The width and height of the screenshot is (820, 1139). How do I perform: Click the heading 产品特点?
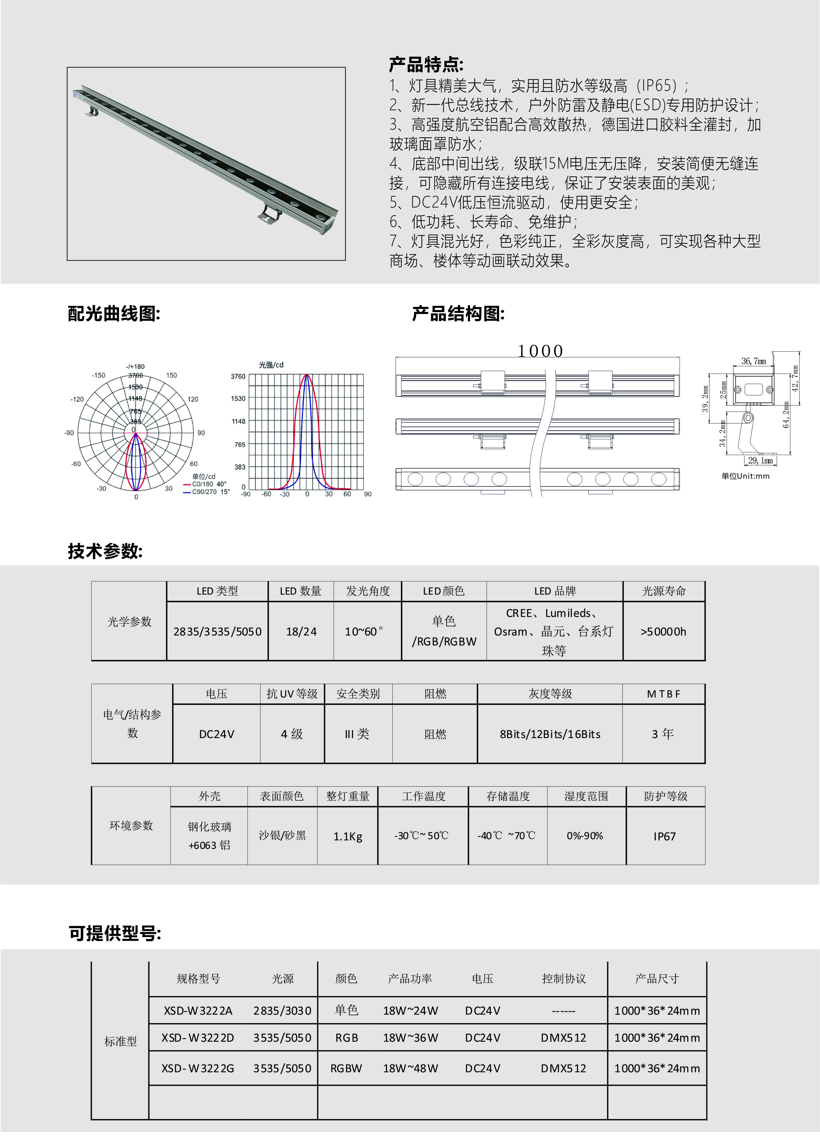pyautogui.click(x=426, y=65)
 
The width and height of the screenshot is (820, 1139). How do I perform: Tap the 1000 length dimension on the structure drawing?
pyautogui.click(x=540, y=351)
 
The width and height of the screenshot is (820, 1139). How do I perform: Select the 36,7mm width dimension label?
pyautogui.click(x=754, y=361)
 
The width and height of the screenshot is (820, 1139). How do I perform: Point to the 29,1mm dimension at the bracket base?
pyautogui.click(x=760, y=461)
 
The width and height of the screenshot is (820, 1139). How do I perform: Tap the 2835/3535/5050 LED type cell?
pyautogui.click(x=217, y=632)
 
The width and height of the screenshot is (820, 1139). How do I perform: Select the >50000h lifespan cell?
pyautogui.click(x=663, y=632)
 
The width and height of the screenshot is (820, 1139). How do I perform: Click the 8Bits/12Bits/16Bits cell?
pyautogui.click(x=550, y=734)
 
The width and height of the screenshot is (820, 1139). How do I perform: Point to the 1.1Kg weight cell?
pyautogui.click(x=347, y=836)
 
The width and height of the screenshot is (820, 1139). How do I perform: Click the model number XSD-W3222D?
pyautogui.click(x=198, y=1038)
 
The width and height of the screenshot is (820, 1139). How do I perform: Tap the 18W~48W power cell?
pyautogui.click(x=410, y=1068)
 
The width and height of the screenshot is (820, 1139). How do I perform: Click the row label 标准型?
pyautogui.click(x=121, y=1042)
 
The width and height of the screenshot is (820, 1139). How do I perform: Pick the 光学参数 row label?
pyautogui.click(x=129, y=622)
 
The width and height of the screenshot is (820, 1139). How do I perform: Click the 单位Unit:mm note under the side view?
pyautogui.click(x=745, y=476)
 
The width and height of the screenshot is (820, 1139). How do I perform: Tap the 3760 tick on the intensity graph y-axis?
pyautogui.click(x=238, y=376)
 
